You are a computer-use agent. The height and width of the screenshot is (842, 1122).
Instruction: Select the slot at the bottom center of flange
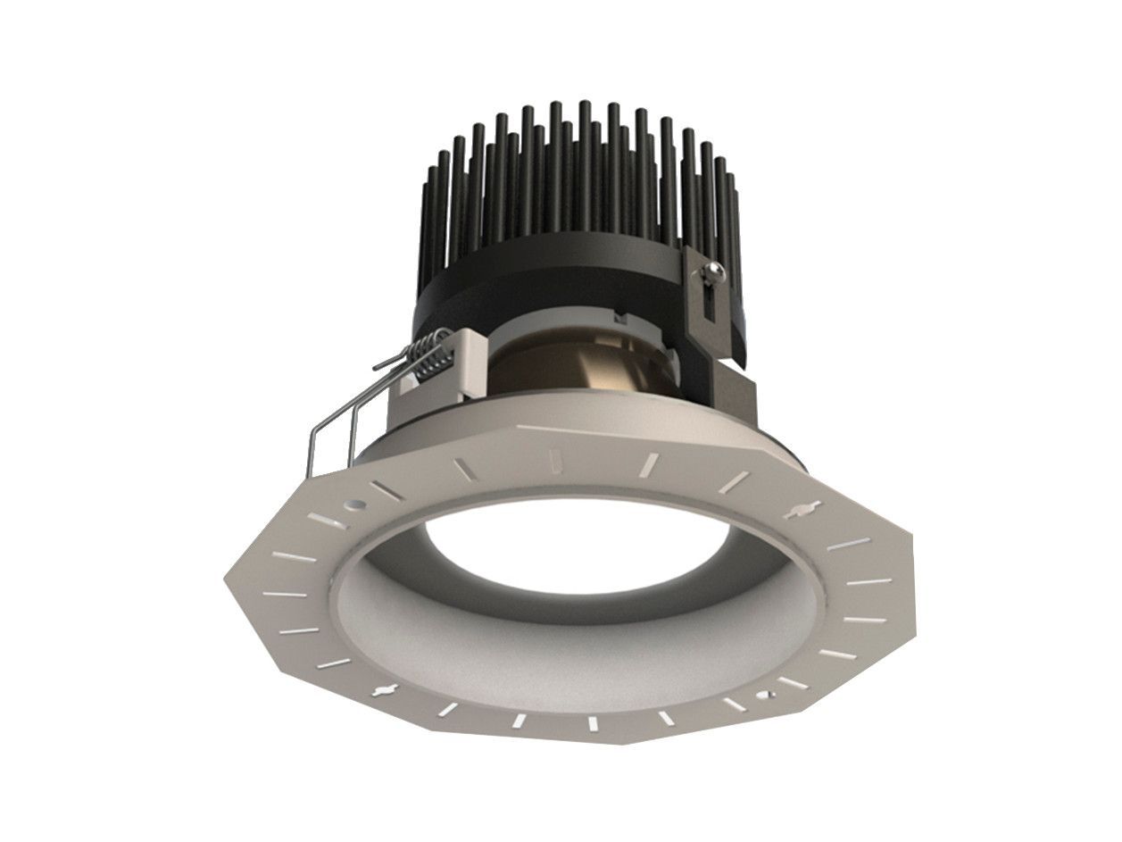click(x=590, y=721)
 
